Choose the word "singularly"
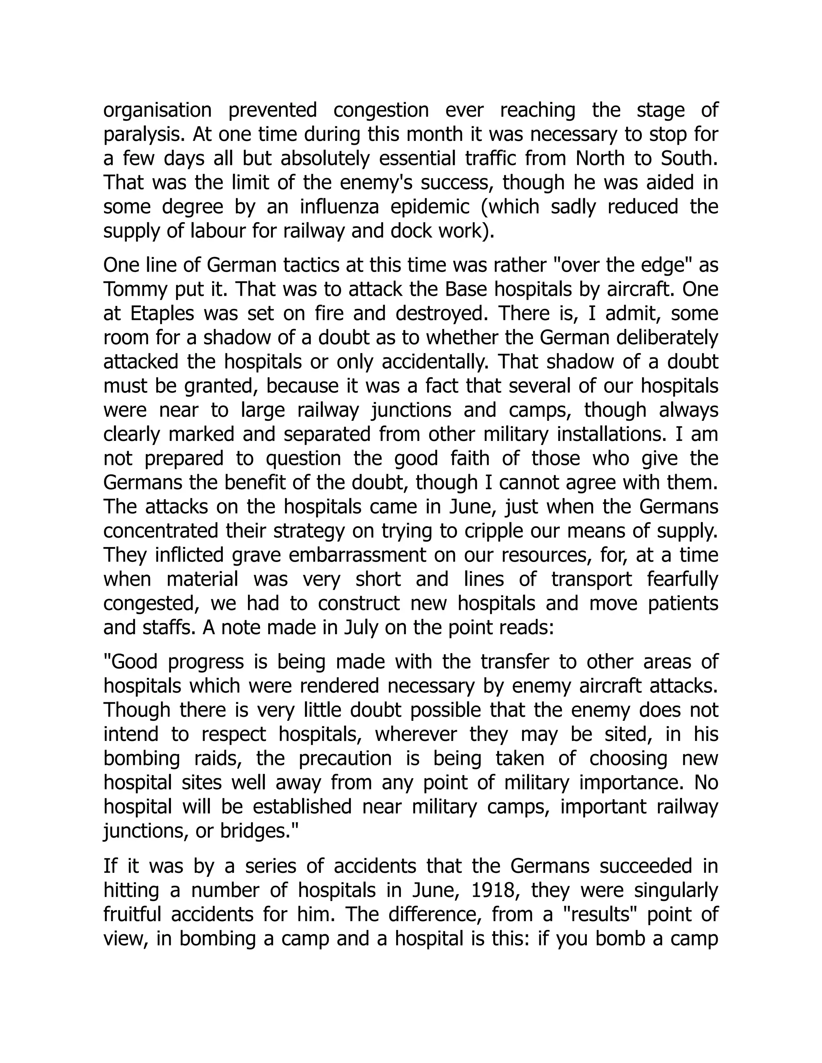(676, 891)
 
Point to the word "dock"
(408, 231)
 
